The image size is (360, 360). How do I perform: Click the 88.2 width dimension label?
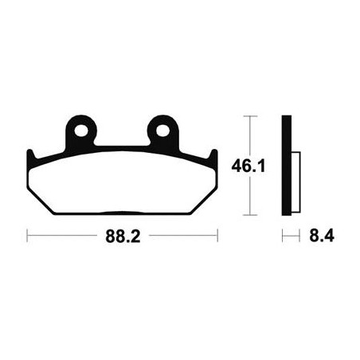[123, 236]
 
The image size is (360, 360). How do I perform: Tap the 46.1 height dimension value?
[248, 166]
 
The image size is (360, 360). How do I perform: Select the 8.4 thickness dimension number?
[322, 236]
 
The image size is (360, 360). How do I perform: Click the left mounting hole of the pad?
[81, 131]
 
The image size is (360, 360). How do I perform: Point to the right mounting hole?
[162, 131]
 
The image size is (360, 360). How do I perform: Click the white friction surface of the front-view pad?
[122, 183]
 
